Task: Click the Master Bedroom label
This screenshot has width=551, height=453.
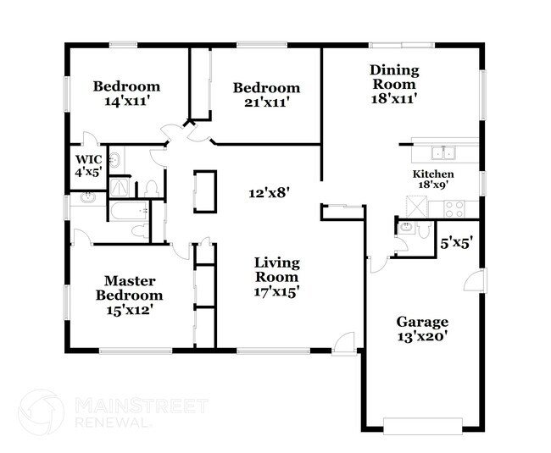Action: [133, 296]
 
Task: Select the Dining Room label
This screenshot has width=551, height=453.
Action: [393, 85]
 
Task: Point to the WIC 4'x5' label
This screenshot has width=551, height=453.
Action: [89, 165]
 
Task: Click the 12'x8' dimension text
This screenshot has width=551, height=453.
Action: [270, 192]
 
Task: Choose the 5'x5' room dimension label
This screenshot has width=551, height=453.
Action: [455, 242]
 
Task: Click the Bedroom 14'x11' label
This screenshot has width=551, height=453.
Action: [126, 93]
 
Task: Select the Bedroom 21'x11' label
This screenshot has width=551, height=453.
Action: [266, 95]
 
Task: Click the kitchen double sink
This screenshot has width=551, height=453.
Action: [444, 153]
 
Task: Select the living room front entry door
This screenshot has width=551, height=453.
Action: [343, 342]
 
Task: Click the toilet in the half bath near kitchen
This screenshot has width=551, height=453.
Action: [406, 229]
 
